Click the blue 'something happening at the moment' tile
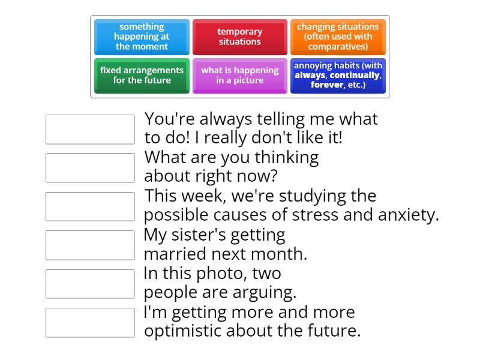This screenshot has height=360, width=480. pos(142,37)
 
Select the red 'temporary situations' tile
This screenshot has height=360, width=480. pos(239,37)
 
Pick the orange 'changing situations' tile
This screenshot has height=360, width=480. pos(338,37)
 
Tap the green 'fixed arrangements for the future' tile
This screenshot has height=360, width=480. pos(142,76)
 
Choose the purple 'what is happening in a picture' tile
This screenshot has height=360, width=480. pos(239,76)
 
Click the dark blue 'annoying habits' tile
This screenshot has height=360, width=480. pos(338,76)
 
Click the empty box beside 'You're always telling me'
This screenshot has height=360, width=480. pos(90,130)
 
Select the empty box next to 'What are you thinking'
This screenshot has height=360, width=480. pos(90,168)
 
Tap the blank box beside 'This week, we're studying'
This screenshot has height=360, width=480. pos(90,206)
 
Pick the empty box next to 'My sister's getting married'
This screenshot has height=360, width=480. pos(90,245)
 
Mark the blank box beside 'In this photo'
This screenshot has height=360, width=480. pos(90,284)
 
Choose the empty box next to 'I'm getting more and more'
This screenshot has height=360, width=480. pos(90,322)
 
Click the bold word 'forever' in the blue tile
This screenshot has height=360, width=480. pos(327,85)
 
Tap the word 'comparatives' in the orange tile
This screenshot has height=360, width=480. pos(338,46)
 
